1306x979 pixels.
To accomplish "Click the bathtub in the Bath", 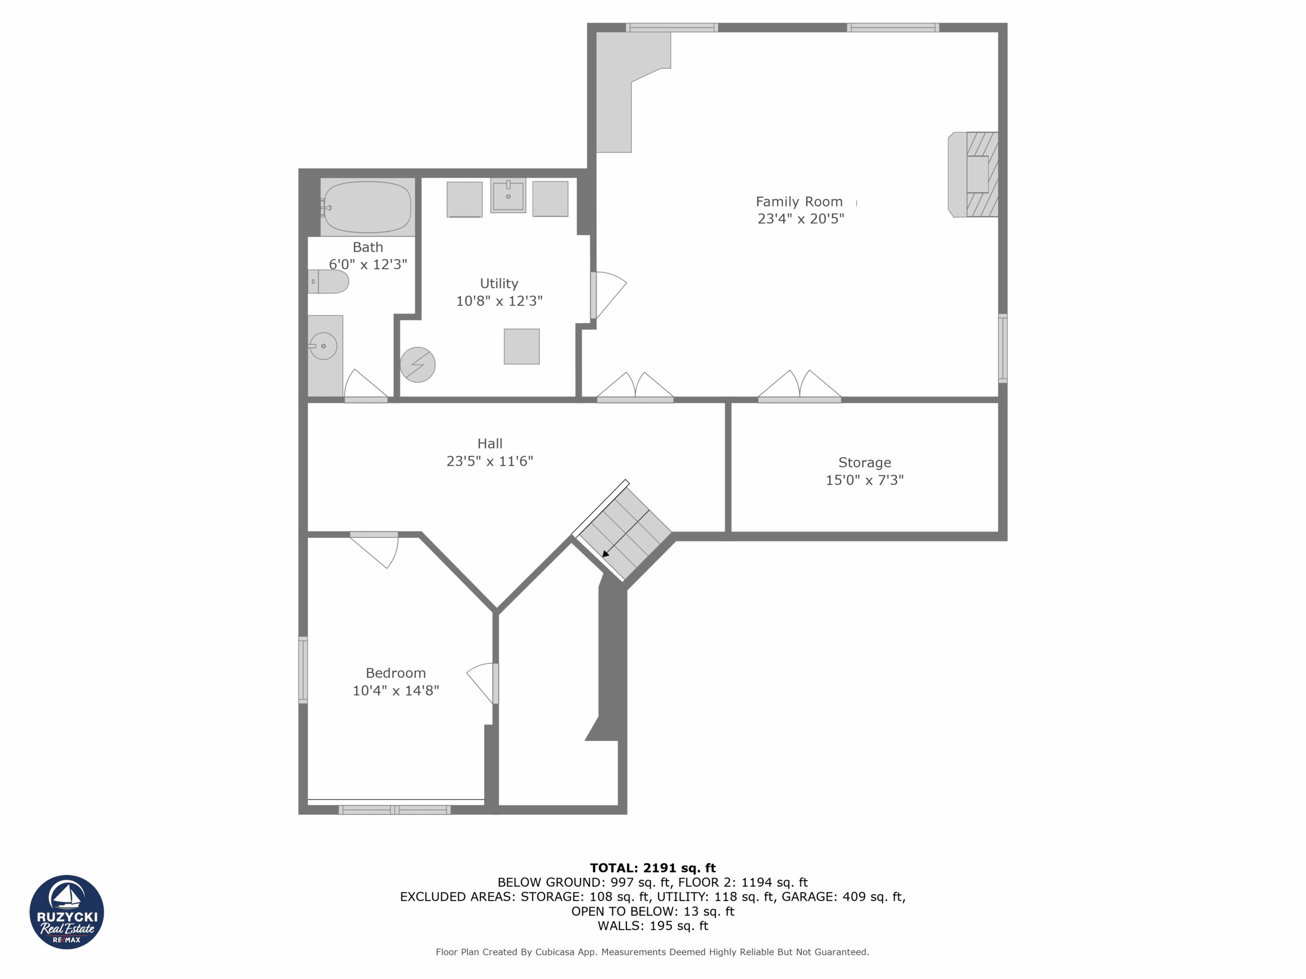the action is (367, 207).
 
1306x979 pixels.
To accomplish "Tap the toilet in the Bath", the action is (328, 281).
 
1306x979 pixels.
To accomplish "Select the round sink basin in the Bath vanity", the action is (323, 346).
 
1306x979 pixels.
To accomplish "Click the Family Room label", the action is (799, 202).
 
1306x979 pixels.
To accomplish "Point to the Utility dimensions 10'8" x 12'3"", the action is (499, 301).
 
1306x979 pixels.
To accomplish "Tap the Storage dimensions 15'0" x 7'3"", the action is (864, 480).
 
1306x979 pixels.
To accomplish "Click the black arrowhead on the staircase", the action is (605, 554).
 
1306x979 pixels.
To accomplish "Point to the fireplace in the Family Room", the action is (973, 175).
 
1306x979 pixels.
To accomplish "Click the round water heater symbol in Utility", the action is (417, 365).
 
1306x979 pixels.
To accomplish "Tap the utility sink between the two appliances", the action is (508, 195).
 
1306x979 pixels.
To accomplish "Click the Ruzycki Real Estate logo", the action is (67, 912).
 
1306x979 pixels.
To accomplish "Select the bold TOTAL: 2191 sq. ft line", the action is (652, 867).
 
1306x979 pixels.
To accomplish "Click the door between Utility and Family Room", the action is (608, 295).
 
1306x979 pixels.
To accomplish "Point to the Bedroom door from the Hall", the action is (374, 550).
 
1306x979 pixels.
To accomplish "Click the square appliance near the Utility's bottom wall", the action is (521, 346).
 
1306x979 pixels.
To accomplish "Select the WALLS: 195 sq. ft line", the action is (652, 925).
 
